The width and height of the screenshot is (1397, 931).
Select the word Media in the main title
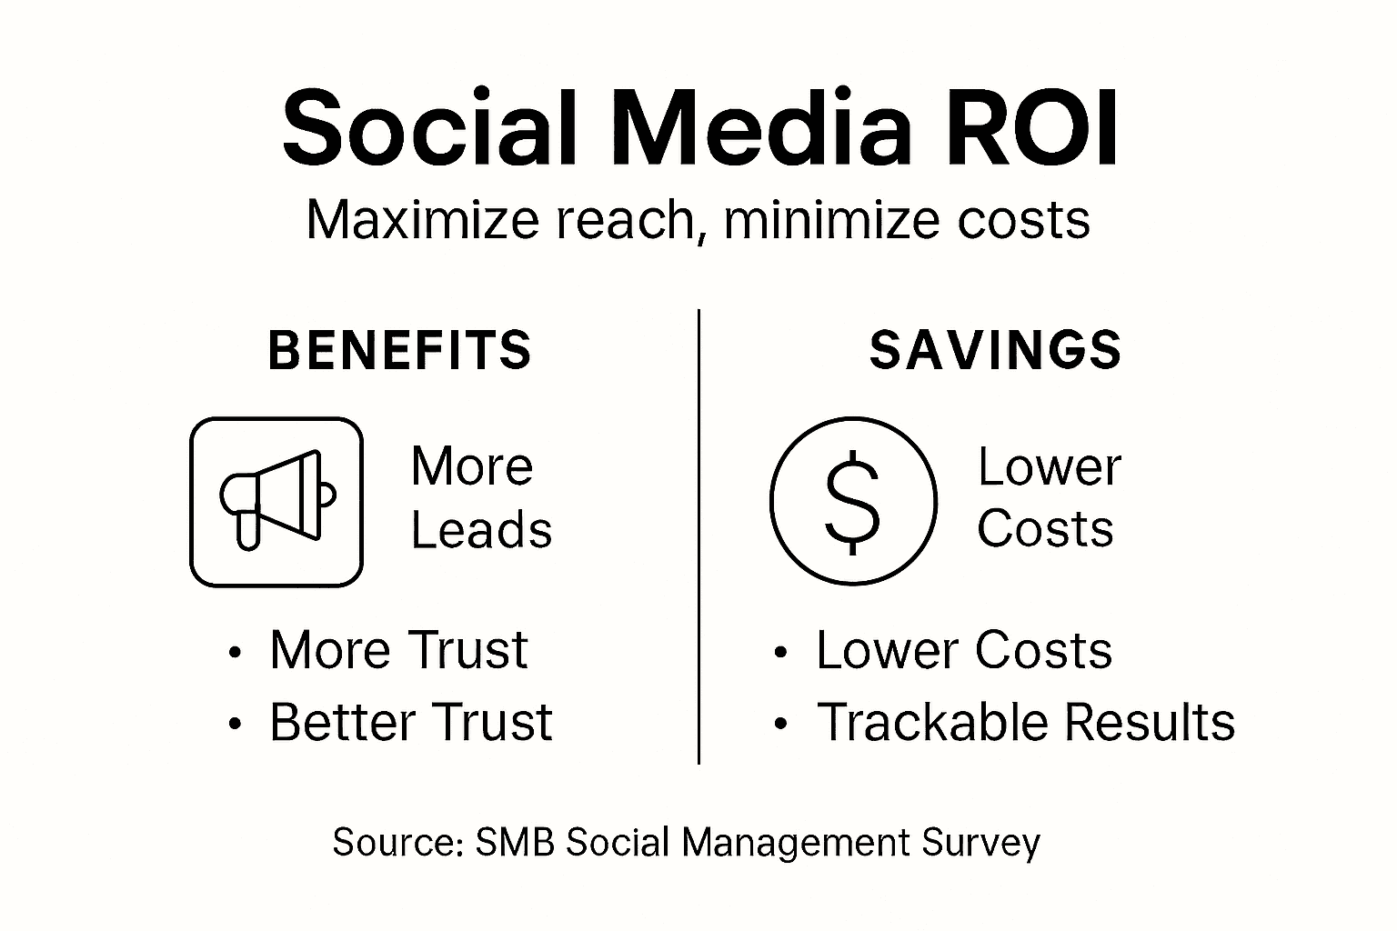pos(766,130)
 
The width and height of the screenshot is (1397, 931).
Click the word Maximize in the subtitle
pos(423,220)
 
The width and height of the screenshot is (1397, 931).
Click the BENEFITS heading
pos(400,351)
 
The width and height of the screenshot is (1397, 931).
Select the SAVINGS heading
pos(995,351)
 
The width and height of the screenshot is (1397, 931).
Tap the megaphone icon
pos(276,501)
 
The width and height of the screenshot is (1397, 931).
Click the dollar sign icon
pos(852,501)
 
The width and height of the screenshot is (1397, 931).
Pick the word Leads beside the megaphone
pos(481,530)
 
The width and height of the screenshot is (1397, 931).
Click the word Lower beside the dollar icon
pos(1049,468)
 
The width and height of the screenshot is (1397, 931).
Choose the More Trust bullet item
pos(398,650)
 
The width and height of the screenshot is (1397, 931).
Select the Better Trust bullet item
pos(410,723)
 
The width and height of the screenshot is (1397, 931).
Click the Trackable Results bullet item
pos(1026,723)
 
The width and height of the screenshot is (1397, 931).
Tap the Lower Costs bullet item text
pos(964,650)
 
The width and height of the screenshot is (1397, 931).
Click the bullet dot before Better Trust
pos(236,725)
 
